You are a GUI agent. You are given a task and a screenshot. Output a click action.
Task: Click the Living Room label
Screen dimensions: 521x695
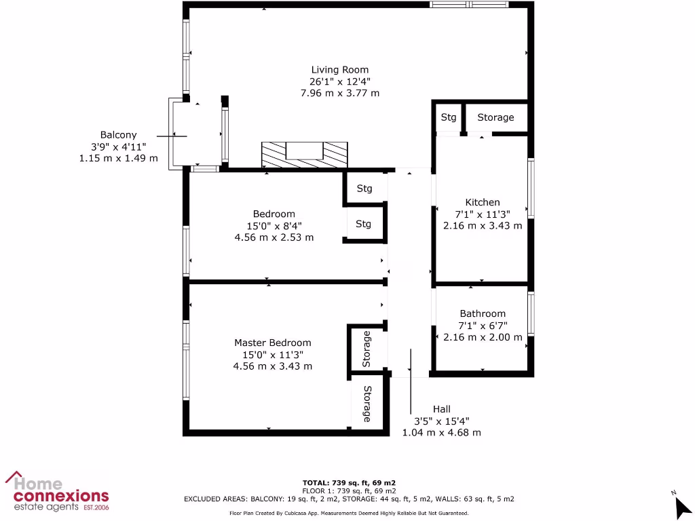coord(340,69)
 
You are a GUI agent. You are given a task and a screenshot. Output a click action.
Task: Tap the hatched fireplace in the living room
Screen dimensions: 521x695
coord(305,154)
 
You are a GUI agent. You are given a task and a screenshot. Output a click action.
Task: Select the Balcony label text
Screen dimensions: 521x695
coord(118,135)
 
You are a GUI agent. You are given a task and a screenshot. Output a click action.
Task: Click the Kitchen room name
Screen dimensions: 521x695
coord(483,202)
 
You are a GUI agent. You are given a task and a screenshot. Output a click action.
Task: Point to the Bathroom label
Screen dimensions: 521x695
coord(483,313)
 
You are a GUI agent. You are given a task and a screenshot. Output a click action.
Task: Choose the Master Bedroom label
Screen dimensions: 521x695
coord(273,343)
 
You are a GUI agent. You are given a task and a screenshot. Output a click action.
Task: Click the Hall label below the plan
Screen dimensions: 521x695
coord(442,409)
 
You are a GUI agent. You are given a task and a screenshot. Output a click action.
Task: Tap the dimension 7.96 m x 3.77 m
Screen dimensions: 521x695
coord(340,93)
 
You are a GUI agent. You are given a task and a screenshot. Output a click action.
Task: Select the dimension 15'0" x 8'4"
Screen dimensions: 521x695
coord(274,226)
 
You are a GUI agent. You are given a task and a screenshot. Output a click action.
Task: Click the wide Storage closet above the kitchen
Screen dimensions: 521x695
coord(495,117)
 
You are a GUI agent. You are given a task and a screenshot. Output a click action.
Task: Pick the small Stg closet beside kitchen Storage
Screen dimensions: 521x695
coord(449,117)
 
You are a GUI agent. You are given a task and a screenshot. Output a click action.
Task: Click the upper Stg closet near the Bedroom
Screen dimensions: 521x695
coord(364,189)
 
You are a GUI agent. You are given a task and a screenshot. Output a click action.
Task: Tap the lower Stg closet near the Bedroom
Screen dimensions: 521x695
coord(364,224)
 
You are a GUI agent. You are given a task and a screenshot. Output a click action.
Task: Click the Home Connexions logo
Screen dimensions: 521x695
coord(57,491)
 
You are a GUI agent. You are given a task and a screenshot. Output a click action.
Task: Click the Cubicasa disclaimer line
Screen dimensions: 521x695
coord(349,514)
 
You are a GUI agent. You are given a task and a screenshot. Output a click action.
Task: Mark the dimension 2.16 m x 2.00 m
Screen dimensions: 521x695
coord(483,337)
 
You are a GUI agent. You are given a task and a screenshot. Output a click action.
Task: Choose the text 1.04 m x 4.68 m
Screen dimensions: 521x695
coord(442,432)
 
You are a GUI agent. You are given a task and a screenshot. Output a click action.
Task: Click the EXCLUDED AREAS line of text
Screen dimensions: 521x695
coord(349,499)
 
